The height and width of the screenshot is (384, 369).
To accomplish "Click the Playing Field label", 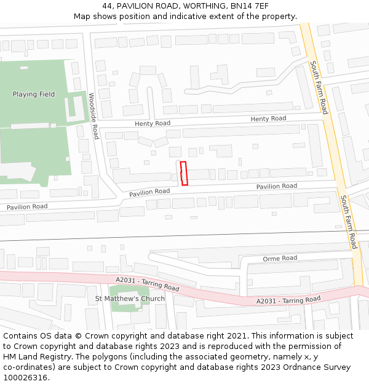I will coord(34,95).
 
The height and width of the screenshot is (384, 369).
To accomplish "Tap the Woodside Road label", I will coord(93,116).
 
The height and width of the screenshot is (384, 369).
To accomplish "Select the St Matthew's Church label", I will coord(130,299).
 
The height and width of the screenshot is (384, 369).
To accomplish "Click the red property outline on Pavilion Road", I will coord(183,173).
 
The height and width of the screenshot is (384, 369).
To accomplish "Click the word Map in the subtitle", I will coord(82,17).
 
